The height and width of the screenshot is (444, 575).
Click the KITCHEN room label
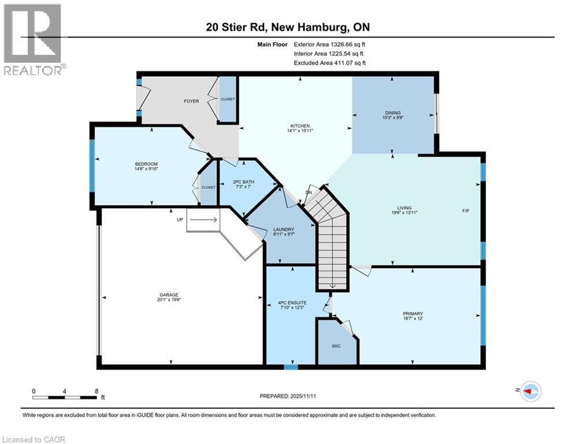tap(300, 126)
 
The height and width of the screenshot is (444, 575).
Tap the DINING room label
tap(393, 113)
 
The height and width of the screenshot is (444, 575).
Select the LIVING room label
tap(404, 208)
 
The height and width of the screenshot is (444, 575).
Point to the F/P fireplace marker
tap(465, 210)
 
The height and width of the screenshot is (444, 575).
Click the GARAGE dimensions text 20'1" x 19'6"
tap(169, 299)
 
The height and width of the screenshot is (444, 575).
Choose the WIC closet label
tap(336, 346)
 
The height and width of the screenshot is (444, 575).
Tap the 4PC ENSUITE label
tap(292, 303)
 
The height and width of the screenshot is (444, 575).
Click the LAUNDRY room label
tap(284, 230)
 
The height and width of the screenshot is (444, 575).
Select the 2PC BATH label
tap(243, 182)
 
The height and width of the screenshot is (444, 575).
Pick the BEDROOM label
tap(146, 164)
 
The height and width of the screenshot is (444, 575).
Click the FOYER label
tap(191, 101)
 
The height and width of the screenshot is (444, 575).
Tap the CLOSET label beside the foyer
tap(228, 99)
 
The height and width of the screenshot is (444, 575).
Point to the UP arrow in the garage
tap(203, 220)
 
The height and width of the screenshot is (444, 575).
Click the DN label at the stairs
tap(309, 193)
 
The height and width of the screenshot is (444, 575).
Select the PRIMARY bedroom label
tap(413, 314)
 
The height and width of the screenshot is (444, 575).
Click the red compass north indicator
tap(528, 391)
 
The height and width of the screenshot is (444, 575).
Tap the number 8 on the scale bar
tap(97, 391)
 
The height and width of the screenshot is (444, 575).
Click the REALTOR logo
tap(34, 40)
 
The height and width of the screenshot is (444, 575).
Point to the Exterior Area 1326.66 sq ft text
tap(329, 45)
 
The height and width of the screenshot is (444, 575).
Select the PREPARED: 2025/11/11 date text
tap(288, 396)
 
